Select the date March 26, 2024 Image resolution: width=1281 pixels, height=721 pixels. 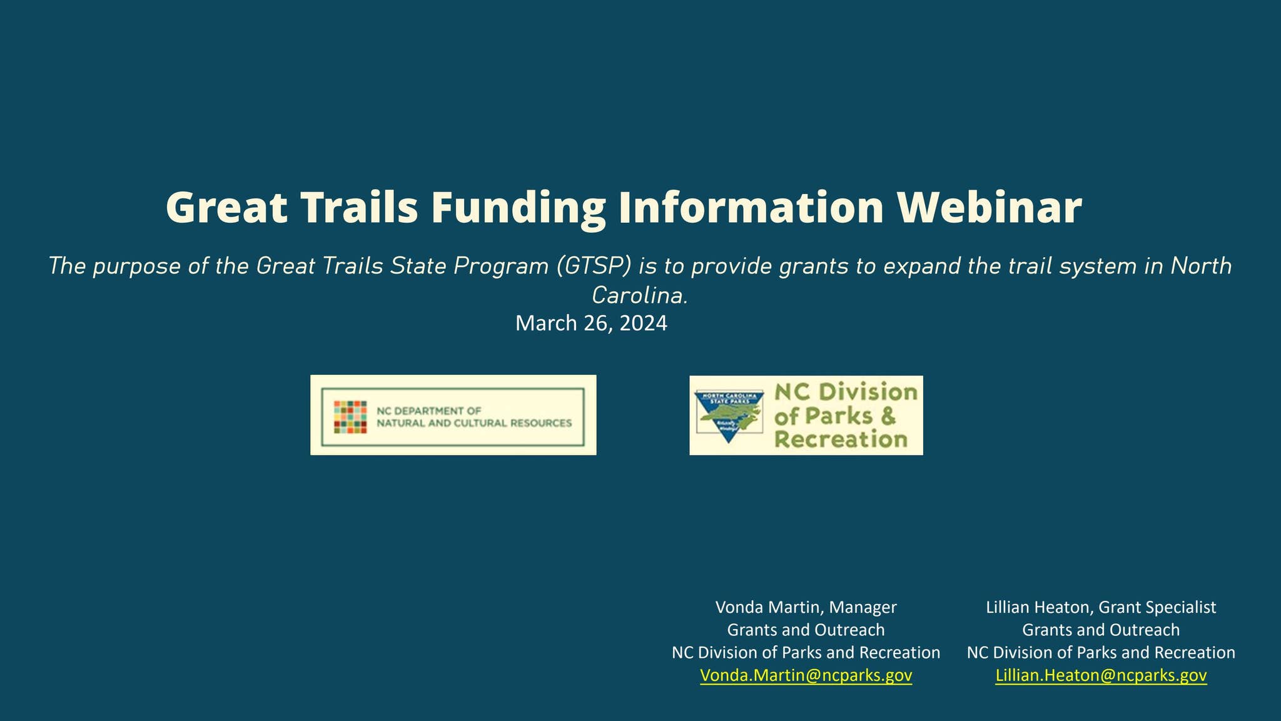pyautogui.click(x=591, y=324)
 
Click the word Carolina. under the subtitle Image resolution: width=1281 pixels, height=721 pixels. pyautogui.click(x=640, y=295)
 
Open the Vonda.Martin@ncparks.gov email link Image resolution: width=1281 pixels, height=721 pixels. pyautogui.click(x=806, y=675)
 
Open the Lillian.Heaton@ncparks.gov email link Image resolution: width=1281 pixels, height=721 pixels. pyautogui.click(x=1101, y=675)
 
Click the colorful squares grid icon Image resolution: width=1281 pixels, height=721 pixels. pyautogui.click(x=350, y=417)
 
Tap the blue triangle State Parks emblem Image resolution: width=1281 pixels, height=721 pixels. pyautogui.click(x=730, y=416)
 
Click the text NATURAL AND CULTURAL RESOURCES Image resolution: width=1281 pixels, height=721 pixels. pyautogui.click(x=473, y=423)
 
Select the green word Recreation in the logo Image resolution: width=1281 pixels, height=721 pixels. pyautogui.click(x=840, y=439)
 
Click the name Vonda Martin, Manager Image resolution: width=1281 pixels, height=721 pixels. pyautogui.click(x=806, y=607)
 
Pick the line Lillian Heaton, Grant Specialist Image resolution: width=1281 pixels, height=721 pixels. pyautogui.click(x=1101, y=607)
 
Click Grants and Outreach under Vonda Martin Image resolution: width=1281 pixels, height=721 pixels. pyautogui.click(x=806, y=630)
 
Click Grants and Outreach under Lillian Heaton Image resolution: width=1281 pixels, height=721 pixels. pyautogui.click(x=1101, y=630)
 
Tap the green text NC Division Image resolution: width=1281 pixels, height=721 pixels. pyautogui.click(x=846, y=392)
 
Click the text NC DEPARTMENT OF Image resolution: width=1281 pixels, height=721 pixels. pyautogui.click(x=428, y=411)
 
